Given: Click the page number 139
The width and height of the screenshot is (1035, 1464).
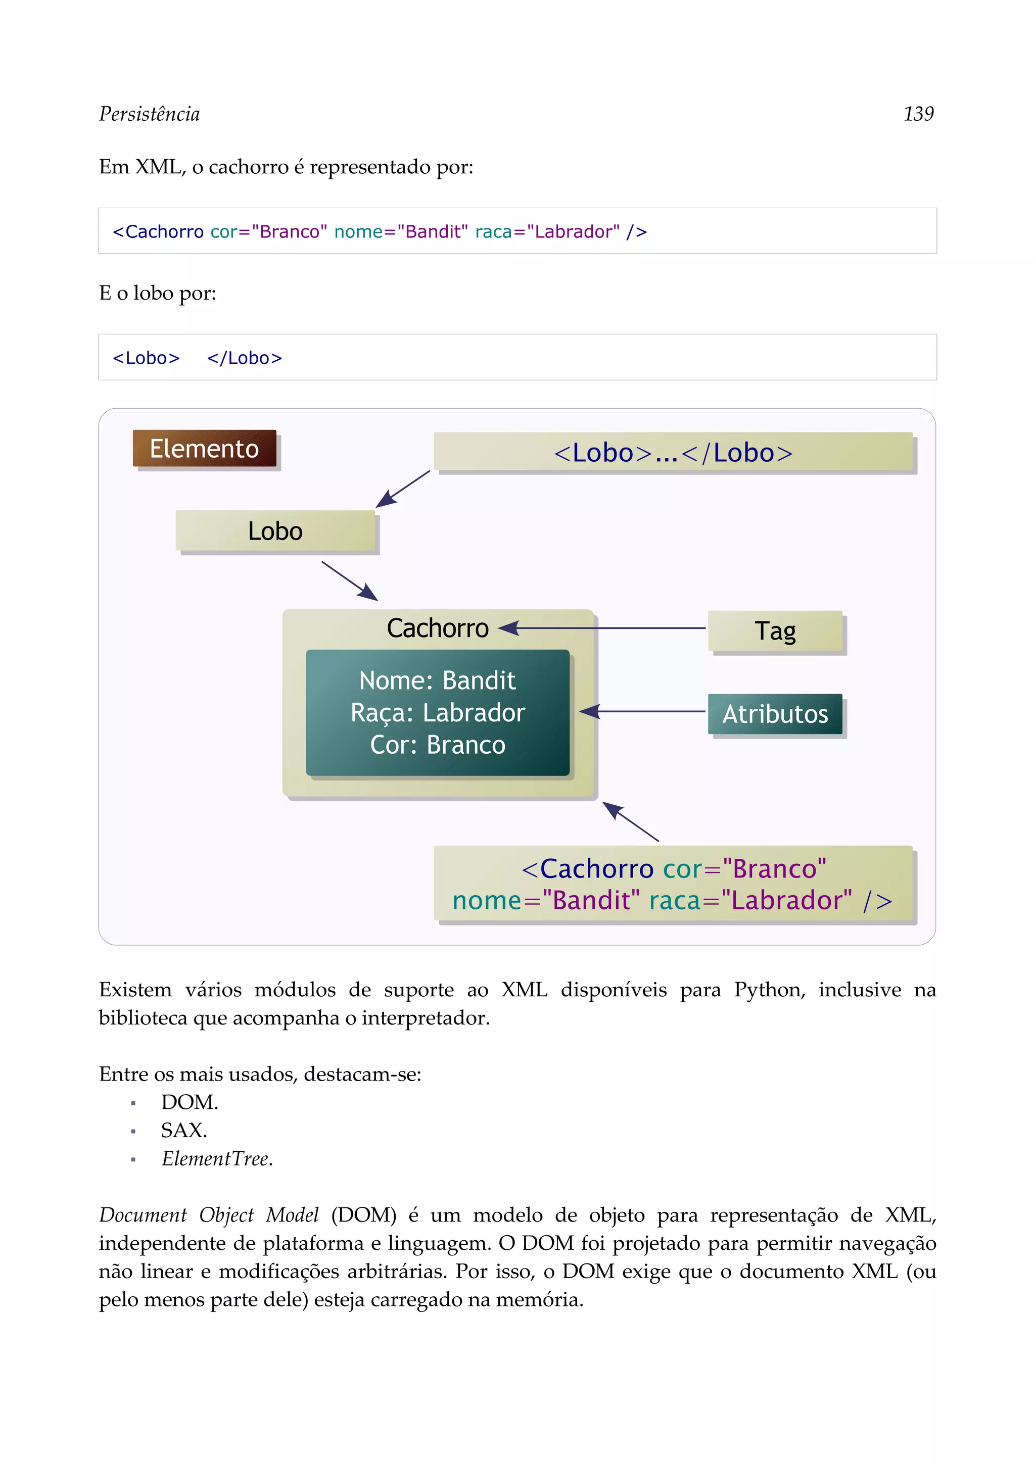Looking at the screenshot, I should [x=918, y=114].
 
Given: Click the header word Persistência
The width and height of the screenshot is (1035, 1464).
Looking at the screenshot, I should [x=149, y=114].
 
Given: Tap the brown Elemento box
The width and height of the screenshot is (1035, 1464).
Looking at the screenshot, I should [x=204, y=448].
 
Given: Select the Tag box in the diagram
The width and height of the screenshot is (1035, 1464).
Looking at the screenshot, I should [x=775, y=630].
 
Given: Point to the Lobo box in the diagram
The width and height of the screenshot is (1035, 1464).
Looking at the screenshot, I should [x=275, y=530].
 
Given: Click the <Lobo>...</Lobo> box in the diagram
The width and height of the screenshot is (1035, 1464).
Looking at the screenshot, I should [x=673, y=452].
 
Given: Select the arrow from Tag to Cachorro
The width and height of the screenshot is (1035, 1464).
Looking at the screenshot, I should [x=606, y=628].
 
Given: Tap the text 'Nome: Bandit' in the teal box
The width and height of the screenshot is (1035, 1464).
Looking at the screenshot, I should [x=438, y=680].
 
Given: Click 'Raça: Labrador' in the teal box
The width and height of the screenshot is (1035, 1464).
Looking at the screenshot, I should [x=438, y=712].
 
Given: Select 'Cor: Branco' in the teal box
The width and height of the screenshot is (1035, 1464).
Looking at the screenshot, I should [x=438, y=745].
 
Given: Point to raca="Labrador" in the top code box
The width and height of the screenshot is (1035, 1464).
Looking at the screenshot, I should [x=547, y=231].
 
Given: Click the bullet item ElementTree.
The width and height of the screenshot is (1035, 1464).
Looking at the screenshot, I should [x=217, y=1158].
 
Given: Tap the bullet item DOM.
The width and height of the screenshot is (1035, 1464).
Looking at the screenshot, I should [x=190, y=1102].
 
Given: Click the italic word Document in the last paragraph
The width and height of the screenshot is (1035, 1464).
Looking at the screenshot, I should [x=143, y=1214].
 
